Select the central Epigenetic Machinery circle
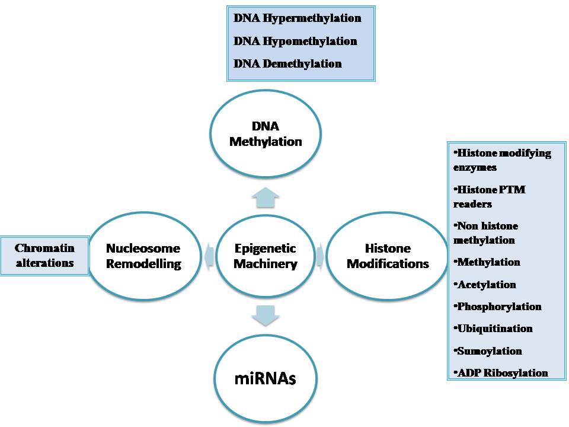point(265,256)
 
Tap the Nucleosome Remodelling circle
point(143,256)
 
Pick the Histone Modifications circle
point(388,256)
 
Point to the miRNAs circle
point(266,378)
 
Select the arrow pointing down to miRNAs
point(265,314)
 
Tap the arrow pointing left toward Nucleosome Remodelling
point(208,256)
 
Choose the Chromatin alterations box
point(44,256)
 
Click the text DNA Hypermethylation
point(297,18)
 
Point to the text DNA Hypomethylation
point(295,42)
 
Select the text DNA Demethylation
point(287,63)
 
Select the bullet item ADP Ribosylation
point(501,373)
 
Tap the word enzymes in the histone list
point(475,168)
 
